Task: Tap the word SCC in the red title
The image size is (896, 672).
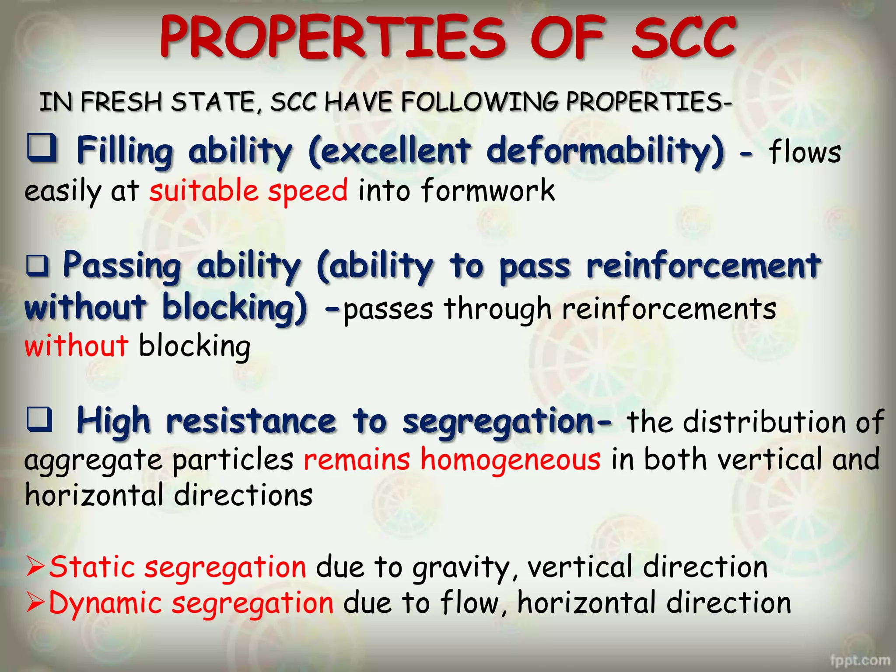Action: point(683,38)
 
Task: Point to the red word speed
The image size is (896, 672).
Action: point(308,191)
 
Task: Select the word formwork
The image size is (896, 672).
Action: point(488,191)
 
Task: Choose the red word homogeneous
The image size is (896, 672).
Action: point(511,460)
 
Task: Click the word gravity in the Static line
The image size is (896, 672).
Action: point(461,568)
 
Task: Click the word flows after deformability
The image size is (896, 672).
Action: point(805,152)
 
